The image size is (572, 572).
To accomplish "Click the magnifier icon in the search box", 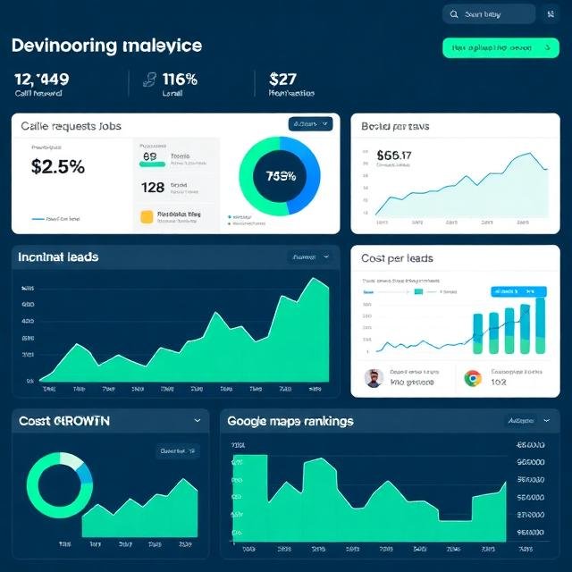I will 454,14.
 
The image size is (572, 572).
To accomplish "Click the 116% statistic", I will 181,79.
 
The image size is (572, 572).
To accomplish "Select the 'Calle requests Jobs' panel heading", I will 71,127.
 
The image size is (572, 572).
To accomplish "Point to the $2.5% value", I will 57,166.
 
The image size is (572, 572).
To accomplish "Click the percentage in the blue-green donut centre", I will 280,176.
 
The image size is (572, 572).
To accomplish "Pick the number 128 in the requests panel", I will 153,188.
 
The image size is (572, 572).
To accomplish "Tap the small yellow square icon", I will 147,216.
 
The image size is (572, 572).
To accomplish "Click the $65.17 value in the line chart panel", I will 394,156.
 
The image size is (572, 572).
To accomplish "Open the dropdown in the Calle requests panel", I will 310,125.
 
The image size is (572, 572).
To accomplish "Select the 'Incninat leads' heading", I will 58,257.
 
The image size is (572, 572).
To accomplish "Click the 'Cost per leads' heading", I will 397,258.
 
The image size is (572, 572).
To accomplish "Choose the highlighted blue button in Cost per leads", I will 518,291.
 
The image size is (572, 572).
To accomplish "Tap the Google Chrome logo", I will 473,378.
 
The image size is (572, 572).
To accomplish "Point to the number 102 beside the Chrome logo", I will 499,383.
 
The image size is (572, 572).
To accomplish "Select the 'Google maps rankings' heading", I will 290,421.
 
